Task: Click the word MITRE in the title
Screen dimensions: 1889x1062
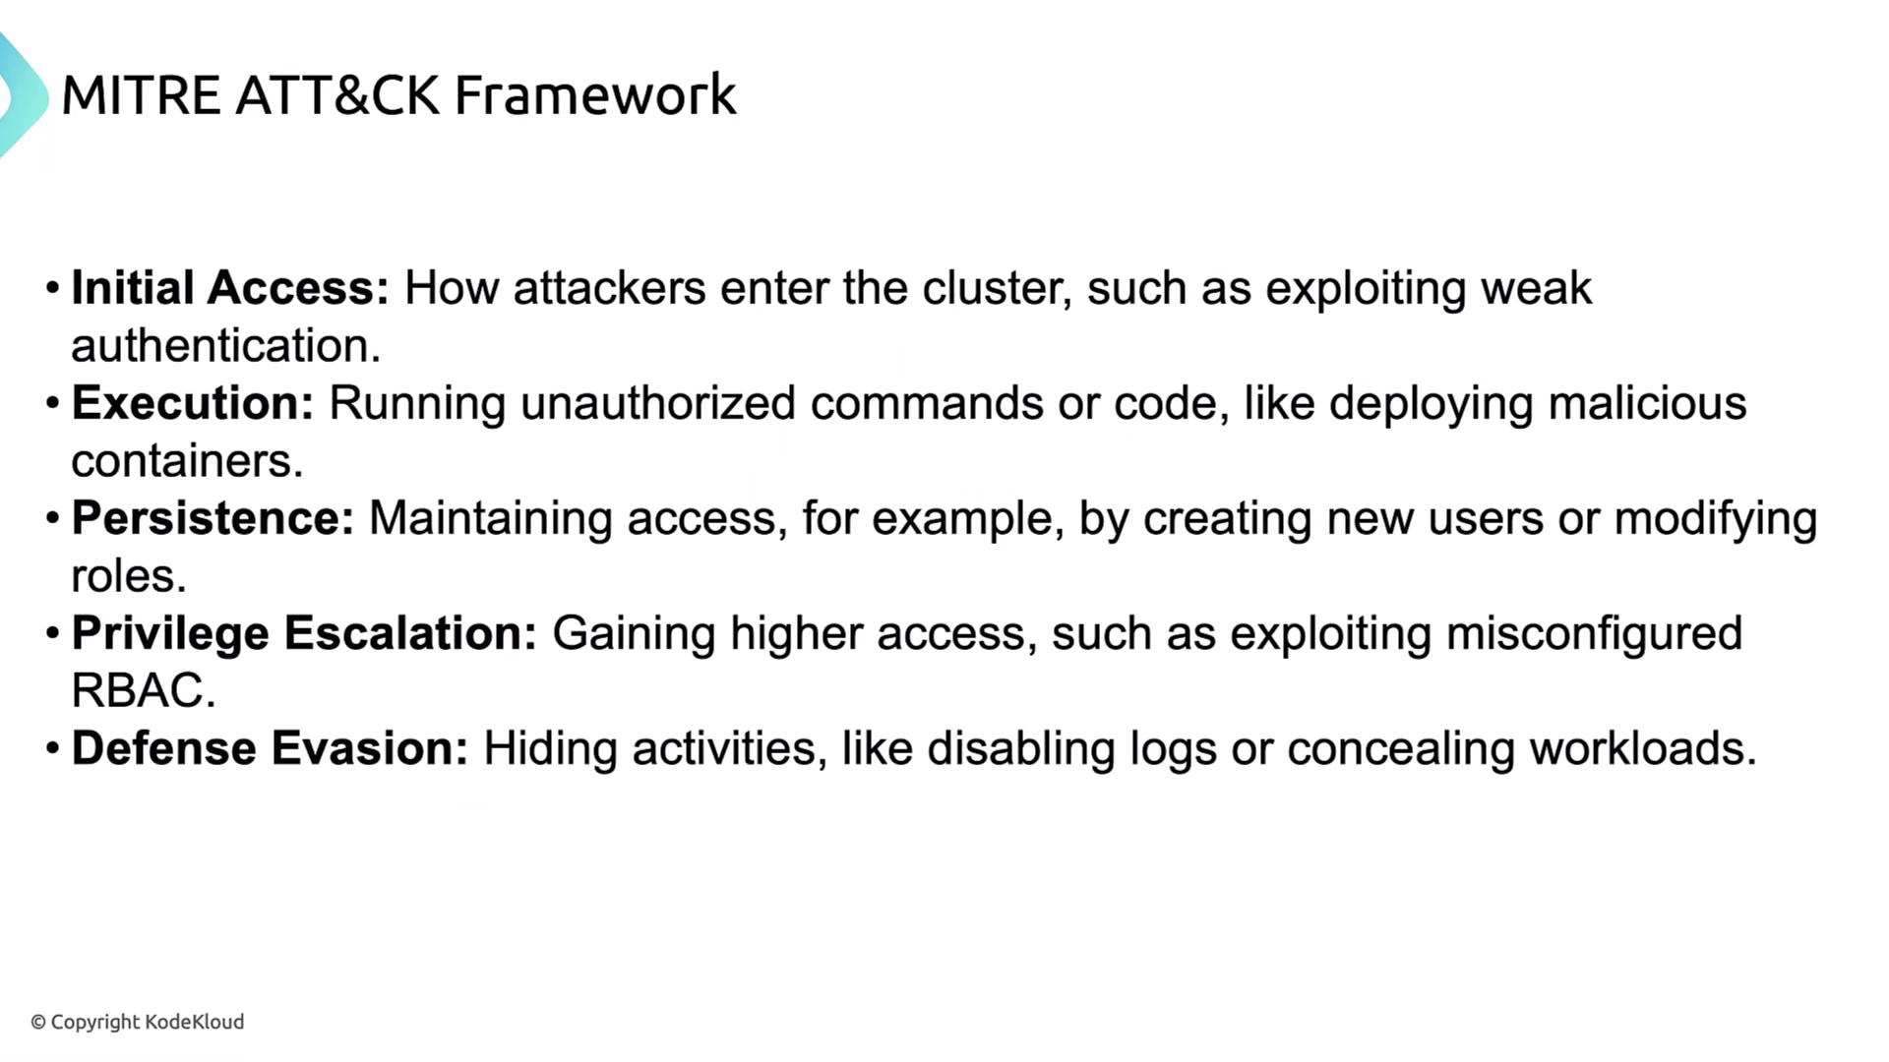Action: [x=141, y=95]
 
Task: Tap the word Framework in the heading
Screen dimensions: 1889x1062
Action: [x=595, y=95]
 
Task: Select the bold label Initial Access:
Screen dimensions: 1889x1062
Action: [x=231, y=288]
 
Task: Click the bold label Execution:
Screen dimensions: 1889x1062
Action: [x=193, y=403]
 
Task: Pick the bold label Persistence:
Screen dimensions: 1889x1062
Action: [x=213, y=518]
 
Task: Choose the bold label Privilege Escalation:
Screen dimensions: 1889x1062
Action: [x=305, y=634]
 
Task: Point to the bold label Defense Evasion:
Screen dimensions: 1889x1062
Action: [x=271, y=748]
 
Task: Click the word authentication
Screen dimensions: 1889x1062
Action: [x=225, y=346]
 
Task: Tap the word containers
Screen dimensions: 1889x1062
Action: [x=187, y=461]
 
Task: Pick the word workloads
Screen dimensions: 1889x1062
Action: [x=1642, y=748]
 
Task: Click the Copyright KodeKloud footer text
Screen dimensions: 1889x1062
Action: [x=138, y=1023]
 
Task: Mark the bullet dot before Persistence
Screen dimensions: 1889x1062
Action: [x=53, y=518]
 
